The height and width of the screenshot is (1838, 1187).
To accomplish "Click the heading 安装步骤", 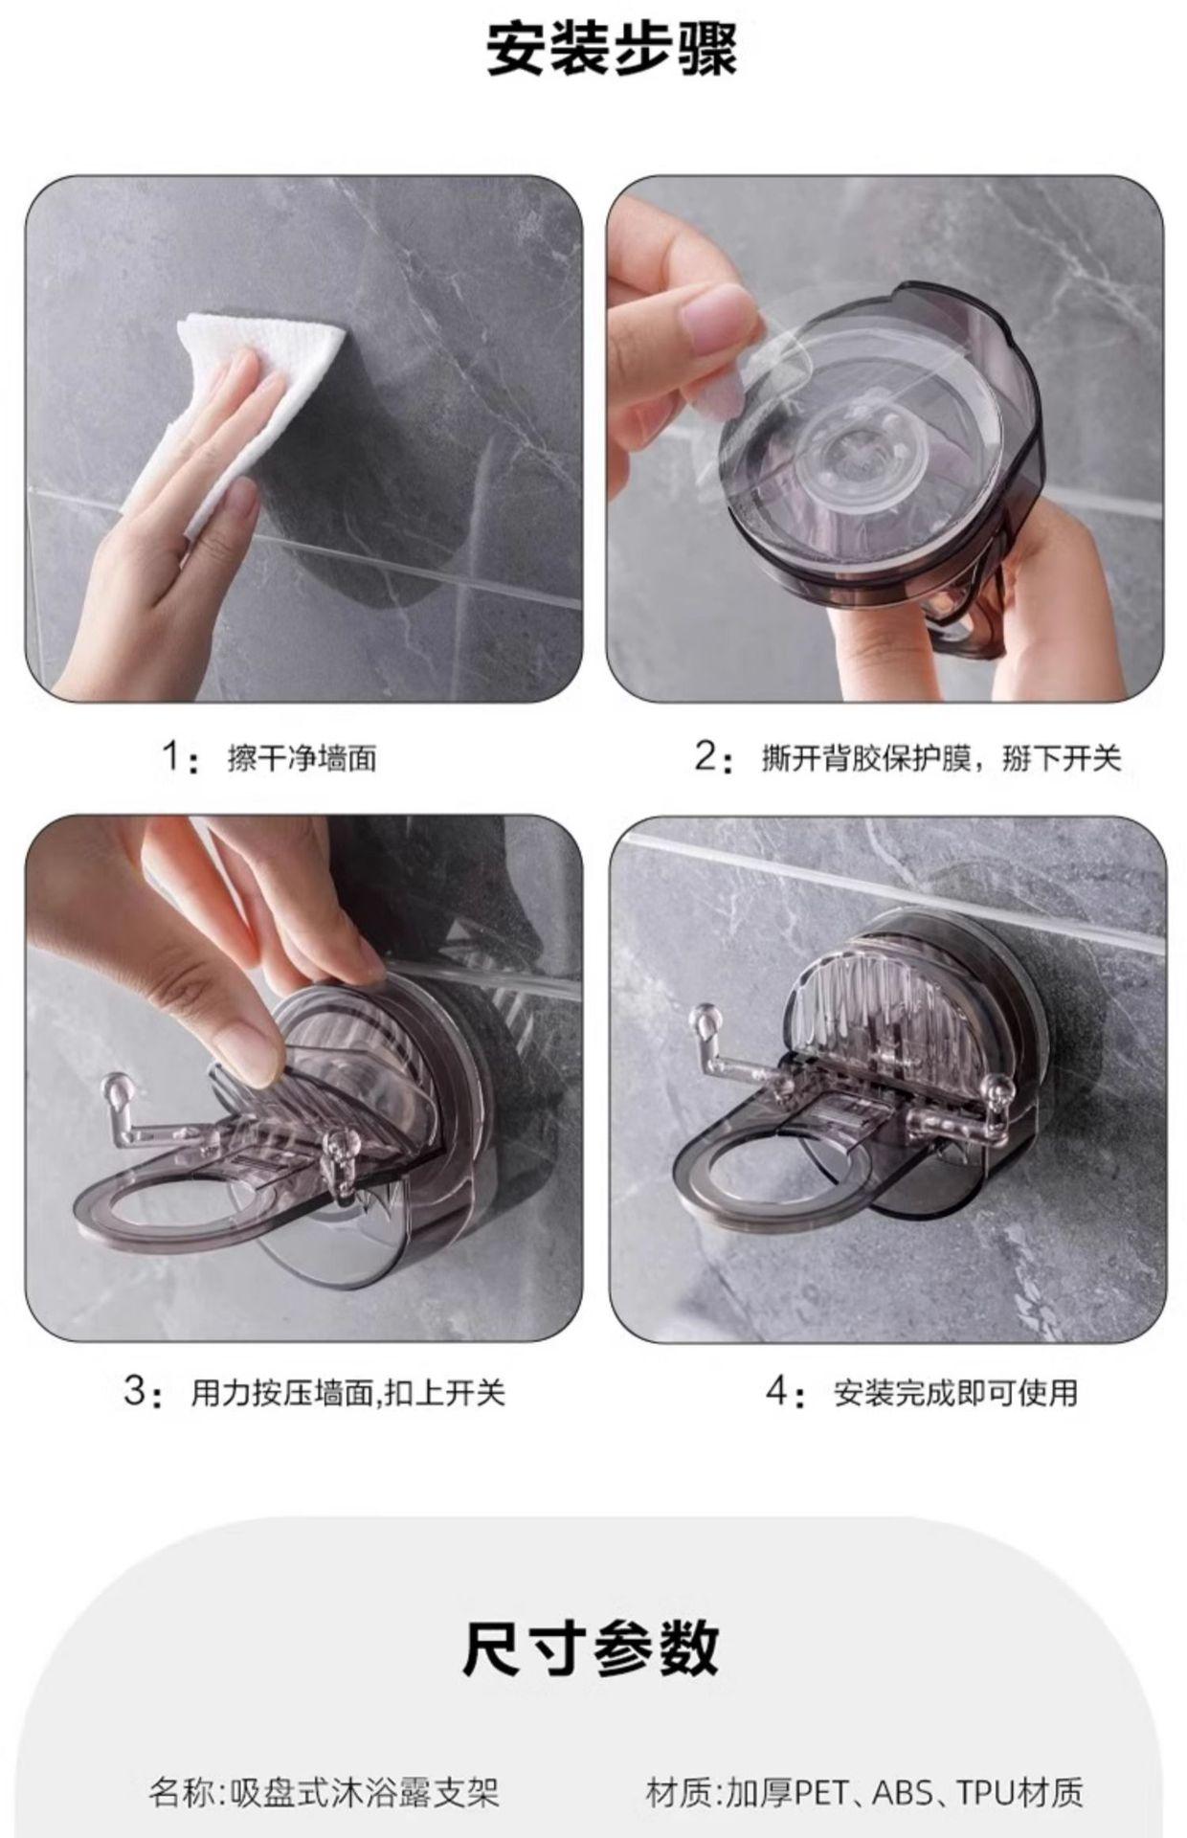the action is pos(612,50).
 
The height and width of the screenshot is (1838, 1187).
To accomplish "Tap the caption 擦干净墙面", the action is pos(302,759).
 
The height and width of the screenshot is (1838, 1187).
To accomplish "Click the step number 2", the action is pos(705,758).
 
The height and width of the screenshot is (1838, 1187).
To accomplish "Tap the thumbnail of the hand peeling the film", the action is pos(885,438).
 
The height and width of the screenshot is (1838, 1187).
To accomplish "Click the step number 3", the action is pos(137,1390).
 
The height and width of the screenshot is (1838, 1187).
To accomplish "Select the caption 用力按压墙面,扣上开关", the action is pos(347,1392).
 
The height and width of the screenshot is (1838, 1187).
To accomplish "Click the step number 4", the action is pos(777,1390).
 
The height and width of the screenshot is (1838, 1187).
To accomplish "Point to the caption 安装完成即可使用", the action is pos(956,1392).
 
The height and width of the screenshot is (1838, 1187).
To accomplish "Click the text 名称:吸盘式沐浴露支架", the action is pos(324,1793).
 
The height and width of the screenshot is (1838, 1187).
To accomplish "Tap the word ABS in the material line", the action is pos(901,1793).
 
